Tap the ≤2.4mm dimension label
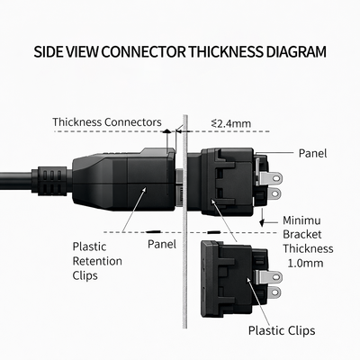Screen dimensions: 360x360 coord(231,123)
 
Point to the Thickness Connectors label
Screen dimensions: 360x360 coord(107,122)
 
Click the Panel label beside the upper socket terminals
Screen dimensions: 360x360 coord(312,153)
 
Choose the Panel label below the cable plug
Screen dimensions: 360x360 coord(162,244)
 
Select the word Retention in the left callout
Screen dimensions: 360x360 coord(97,261)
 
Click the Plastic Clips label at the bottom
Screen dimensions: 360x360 coord(282,330)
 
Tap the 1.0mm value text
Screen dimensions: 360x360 coord(305,263)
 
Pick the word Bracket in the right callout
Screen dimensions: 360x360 coord(302,234)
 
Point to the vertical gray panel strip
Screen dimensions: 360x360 coord(184,221)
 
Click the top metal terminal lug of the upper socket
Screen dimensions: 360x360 coord(270,178)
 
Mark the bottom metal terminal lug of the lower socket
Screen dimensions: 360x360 coord(274,292)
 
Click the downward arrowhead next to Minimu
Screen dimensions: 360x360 coord(262,223)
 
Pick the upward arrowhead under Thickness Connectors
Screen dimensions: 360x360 coord(166,131)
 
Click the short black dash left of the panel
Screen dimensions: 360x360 coord(153,231)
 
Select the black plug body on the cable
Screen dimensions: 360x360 coord(123,179)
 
